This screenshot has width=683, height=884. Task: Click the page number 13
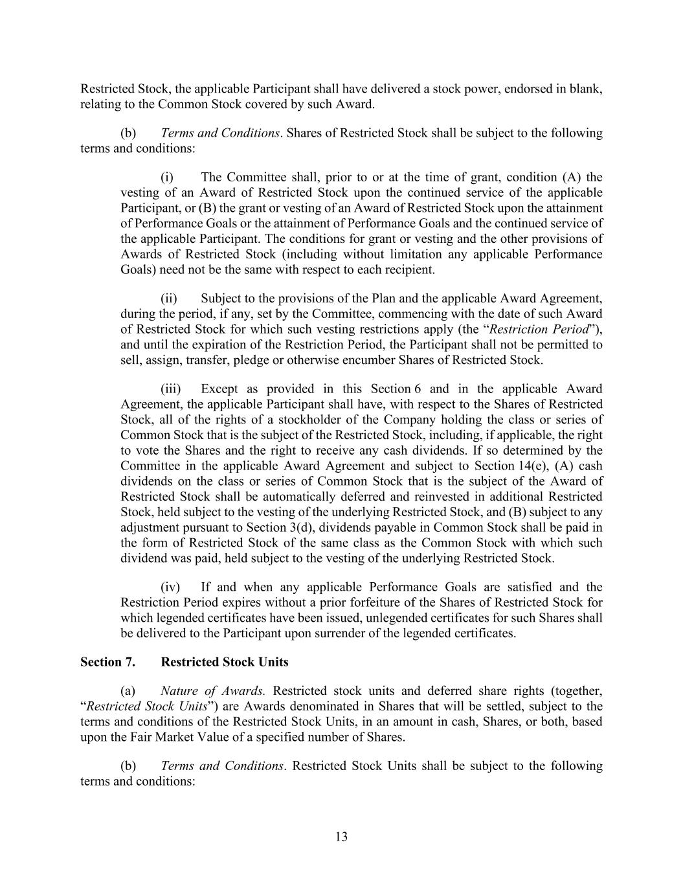341,837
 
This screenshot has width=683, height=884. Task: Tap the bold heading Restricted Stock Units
224,662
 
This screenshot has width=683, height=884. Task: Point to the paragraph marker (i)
167,177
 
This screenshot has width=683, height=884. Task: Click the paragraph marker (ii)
168,299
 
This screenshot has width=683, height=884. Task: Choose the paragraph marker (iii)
170,389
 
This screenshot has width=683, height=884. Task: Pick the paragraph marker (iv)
170,587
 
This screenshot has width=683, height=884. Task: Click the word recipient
409,269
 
